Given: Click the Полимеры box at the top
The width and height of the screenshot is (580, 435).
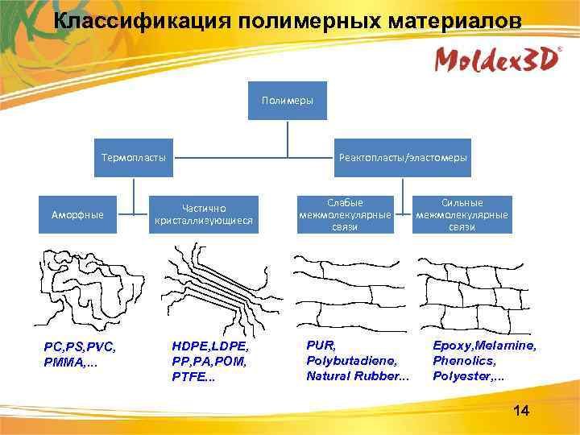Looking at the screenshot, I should pos(288,101).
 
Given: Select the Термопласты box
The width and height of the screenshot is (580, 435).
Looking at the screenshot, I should pos(134,157).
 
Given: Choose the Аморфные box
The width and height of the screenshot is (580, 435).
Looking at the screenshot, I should pos(77,215).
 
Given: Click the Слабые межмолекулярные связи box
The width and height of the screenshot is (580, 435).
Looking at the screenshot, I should pos(345,214).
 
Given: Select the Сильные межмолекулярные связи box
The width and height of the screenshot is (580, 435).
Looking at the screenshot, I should pos(462,214).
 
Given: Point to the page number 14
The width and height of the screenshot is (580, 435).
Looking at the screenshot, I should pos(521,412).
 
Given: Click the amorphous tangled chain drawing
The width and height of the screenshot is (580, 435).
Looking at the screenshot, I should pos(79,286).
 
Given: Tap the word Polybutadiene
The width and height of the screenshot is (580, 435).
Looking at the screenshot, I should pos(346,361).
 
